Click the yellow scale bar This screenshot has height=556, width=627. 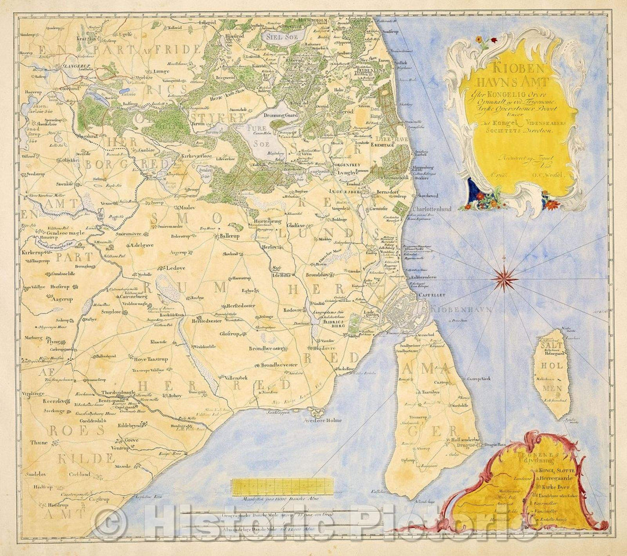282,486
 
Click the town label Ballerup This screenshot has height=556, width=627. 231,236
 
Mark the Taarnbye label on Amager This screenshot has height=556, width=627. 430,392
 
